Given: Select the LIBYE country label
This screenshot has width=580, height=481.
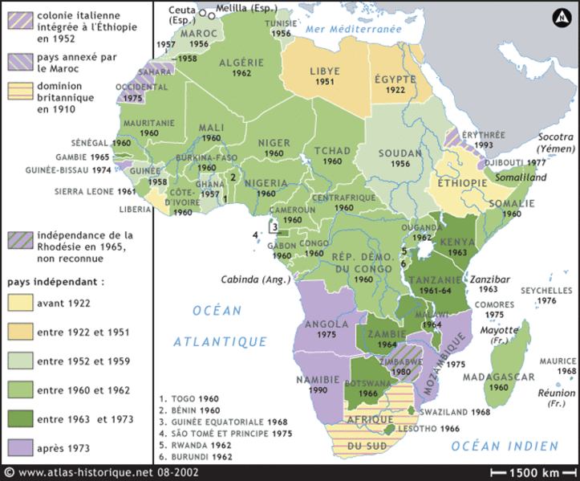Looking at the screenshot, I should [x=326, y=71].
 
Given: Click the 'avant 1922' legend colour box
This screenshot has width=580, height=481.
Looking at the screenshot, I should [x=20, y=304].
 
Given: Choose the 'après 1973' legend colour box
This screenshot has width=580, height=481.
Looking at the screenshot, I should [x=20, y=447].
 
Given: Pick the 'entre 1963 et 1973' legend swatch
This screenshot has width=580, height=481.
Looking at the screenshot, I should [x=20, y=418].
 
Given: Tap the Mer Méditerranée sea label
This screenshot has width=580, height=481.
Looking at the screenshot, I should [x=353, y=29].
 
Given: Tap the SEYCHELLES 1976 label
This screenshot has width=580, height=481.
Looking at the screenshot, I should [x=547, y=295].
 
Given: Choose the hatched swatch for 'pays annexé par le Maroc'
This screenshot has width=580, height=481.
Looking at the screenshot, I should [x=20, y=60].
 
